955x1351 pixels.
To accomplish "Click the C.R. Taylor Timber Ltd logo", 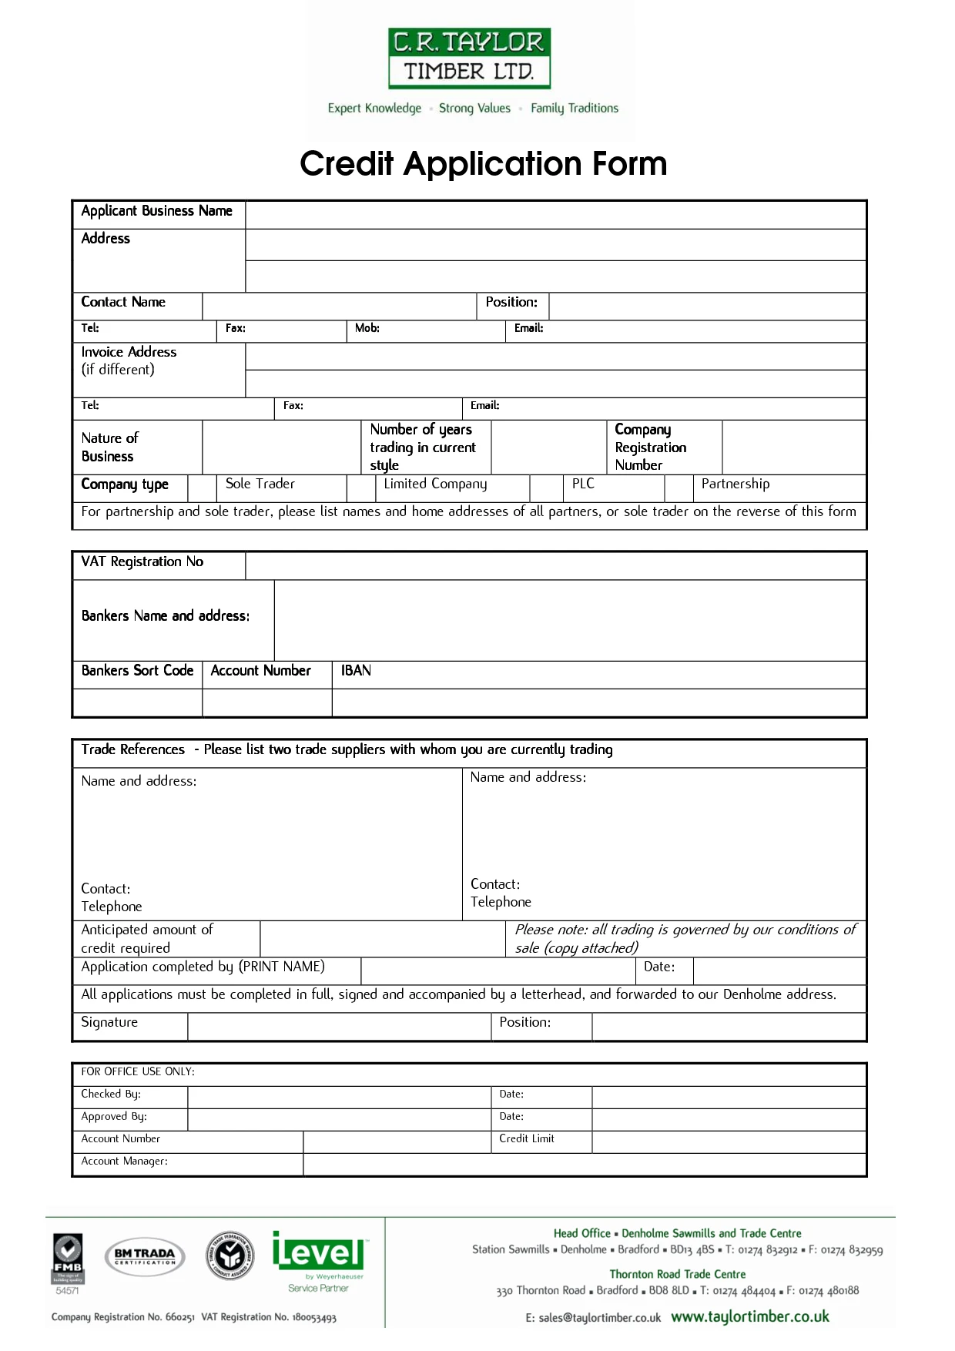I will pos(469,58).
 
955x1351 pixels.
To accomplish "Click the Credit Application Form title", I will pos(483,164).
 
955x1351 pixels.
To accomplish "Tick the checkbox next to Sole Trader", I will pos(203,488).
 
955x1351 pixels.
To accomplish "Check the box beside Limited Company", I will pos(361,488).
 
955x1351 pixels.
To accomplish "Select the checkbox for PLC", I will pos(547,488).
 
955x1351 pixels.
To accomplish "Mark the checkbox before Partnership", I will pos(679,488).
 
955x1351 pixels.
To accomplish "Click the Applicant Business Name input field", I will pos(555,215).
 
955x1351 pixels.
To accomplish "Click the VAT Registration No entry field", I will pos(555,565).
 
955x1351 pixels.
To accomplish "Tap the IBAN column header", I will pos(356,671).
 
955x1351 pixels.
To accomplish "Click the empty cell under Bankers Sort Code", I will pos(137,702).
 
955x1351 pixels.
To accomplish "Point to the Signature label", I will pos(109,1022).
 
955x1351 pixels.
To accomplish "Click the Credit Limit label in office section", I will pos(527,1138).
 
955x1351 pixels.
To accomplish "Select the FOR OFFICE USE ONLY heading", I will pos(138,1071).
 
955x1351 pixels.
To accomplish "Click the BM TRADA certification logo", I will pos(145,1256).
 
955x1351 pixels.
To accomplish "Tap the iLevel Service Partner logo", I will pos(318,1261).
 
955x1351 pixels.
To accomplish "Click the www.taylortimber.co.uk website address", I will pos(749,1316).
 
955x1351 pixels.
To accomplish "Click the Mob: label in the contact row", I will pos(367,328).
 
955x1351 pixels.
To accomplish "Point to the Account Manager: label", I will pos(124,1161).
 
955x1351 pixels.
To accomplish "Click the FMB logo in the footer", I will pos(68,1257).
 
